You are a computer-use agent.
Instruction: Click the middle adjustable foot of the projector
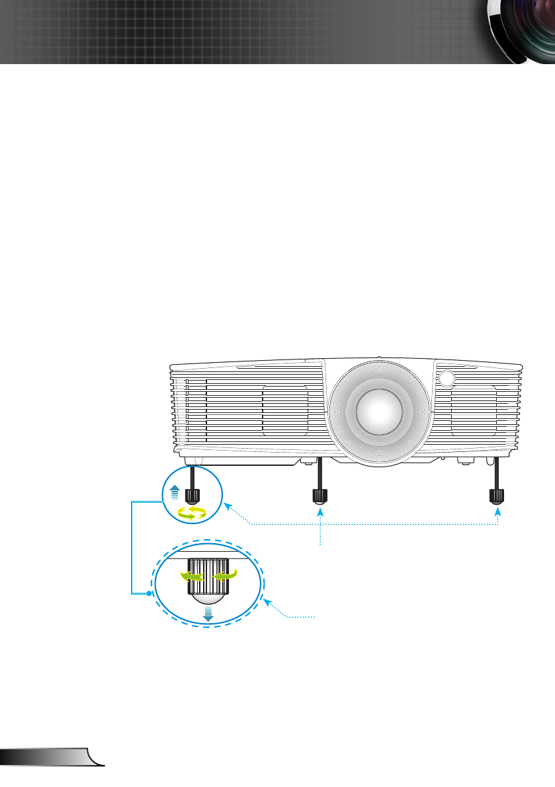click(320, 496)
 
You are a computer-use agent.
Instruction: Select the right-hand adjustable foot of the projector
click(496, 496)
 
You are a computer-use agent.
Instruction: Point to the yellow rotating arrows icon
click(190, 513)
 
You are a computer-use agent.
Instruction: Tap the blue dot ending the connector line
click(149, 593)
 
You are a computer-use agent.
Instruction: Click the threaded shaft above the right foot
click(496, 473)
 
